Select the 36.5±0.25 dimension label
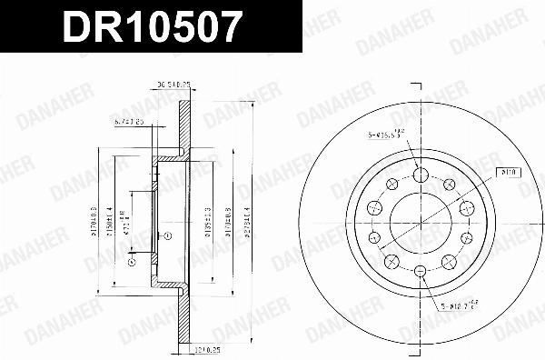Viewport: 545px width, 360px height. (173, 86)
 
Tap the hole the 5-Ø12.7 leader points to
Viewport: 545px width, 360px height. (421, 272)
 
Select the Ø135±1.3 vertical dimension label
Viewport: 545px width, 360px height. (209, 224)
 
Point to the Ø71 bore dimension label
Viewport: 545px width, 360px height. (126, 215)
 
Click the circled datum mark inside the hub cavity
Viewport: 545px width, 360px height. (168, 235)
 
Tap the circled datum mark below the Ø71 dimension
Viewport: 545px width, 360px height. (133, 263)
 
